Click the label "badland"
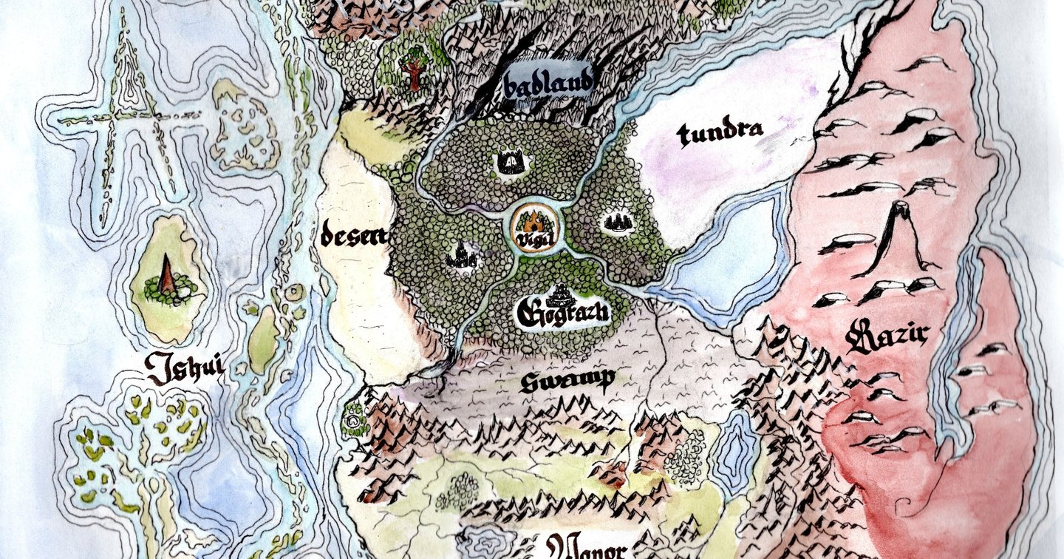tap(548, 84)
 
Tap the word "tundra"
tap(718, 133)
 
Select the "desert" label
tap(354, 237)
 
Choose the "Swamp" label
tap(566, 381)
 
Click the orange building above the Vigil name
tap(531, 221)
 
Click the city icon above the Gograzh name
tap(564, 294)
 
